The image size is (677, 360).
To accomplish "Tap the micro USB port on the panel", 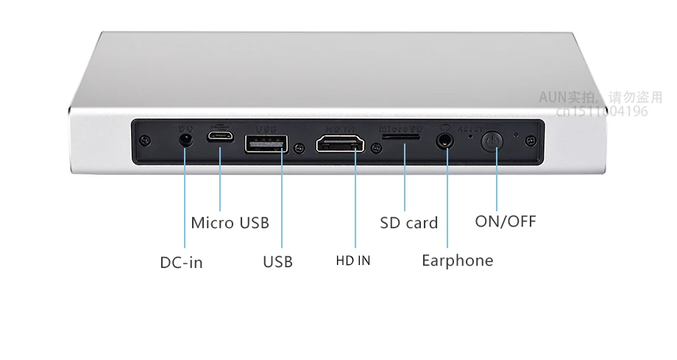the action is click(x=220, y=137).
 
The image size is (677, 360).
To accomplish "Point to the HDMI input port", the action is click(x=340, y=143).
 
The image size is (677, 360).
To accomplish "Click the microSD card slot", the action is click(x=402, y=138).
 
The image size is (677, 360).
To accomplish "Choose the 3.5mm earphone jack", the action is click(x=444, y=139).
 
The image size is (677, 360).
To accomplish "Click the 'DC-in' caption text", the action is click(x=181, y=262).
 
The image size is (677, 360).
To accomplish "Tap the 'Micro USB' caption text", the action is click(x=230, y=222).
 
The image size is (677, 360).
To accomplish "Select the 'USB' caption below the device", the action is click(x=277, y=261).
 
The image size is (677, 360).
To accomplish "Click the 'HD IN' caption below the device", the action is click(x=353, y=261).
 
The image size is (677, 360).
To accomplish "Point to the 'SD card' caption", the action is click(x=408, y=222).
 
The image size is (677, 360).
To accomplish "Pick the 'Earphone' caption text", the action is click(x=457, y=260).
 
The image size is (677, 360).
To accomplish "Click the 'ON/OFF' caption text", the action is click(x=506, y=221).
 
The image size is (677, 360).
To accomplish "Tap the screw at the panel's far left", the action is click(x=147, y=140).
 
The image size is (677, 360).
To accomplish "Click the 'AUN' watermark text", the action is click(x=553, y=97).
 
